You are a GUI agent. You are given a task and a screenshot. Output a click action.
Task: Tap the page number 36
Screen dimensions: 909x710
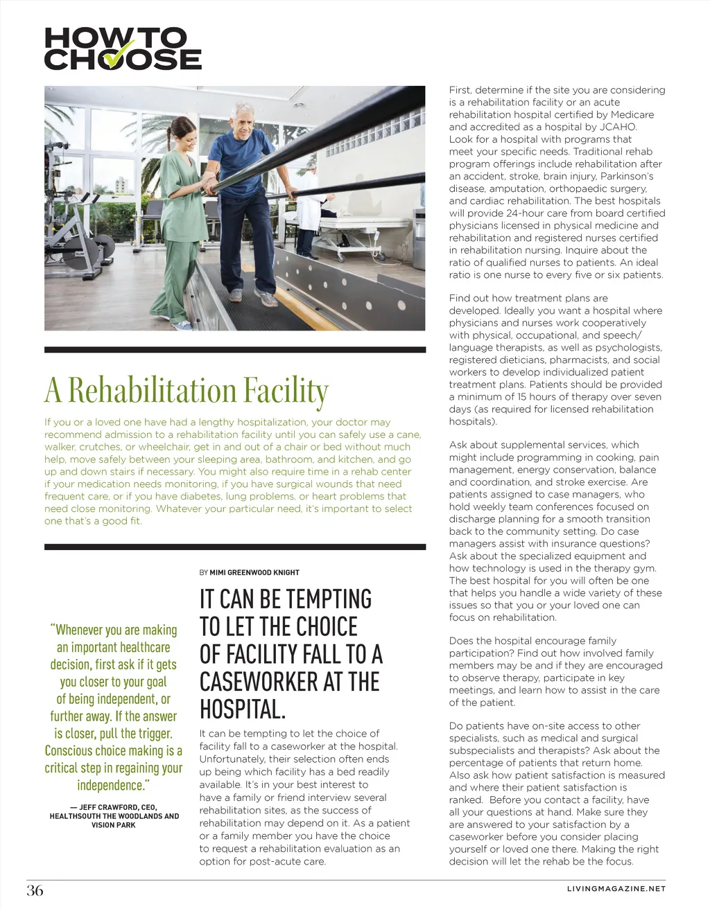(x=35, y=890)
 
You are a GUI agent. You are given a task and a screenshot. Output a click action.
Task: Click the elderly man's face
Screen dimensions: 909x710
(x=241, y=122)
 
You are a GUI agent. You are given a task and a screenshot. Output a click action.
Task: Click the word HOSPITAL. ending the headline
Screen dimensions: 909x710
(x=243, y=709)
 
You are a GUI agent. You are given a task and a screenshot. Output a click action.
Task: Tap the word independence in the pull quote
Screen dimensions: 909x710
(x=111, y=785)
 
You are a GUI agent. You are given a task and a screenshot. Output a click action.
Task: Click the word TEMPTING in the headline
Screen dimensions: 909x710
(x=328, y=599)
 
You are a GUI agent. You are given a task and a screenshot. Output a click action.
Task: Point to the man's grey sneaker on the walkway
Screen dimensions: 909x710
(x=266, y=299)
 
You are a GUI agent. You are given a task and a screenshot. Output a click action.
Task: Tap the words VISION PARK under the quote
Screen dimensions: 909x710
(x=113, y=825)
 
